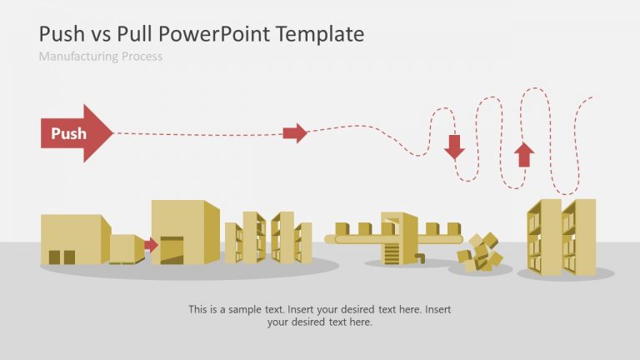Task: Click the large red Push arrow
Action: (x=75, y=133)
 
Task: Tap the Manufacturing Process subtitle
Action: (x=100, y=57)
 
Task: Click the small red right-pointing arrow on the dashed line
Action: (x=295, y=132)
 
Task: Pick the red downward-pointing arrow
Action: (x=454, y=147)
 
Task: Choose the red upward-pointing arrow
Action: (x=524, y=154)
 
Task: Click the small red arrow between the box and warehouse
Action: (x=151, y=245)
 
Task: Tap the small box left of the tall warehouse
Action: (x=127, y=248)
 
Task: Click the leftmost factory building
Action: (x=74, y=240)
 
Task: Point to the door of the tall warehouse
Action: (x=172, y=250)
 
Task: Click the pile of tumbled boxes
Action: (x=480, y=252)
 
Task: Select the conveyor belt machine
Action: (x=398, y=237)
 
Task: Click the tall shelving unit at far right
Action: (x=561, y=237)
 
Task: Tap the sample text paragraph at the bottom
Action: (x=319, y=315)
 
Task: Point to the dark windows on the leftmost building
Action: (x=61, y=257)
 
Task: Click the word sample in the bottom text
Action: (x=247, y=309)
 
